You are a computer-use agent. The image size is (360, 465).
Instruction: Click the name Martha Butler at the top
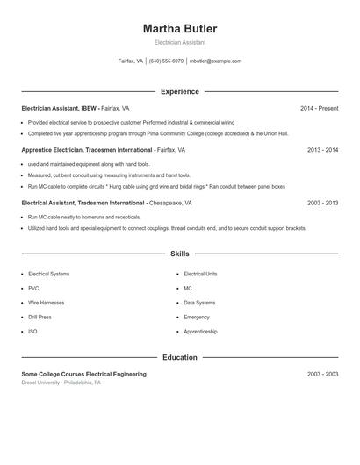180,29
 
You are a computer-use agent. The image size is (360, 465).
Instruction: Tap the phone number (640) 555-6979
166,61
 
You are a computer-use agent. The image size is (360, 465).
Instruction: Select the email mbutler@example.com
215,61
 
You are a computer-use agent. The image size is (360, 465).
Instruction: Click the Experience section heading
180,91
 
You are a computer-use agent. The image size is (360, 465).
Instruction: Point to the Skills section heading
180,254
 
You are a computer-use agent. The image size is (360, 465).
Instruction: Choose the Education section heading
180,357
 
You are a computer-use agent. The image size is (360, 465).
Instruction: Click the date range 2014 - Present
319,108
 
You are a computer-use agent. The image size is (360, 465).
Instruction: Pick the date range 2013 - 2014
322,150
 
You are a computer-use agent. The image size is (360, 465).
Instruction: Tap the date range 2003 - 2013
322,203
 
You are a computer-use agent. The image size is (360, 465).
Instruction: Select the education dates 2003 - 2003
322,374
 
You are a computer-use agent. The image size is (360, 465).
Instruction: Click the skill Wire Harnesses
47,303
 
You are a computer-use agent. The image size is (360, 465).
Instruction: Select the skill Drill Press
40,317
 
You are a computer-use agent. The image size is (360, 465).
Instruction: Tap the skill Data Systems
199,303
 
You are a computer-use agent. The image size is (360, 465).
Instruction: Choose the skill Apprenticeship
201,332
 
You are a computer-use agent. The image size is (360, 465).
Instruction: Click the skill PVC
33,288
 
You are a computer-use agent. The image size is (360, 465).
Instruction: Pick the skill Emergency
197,317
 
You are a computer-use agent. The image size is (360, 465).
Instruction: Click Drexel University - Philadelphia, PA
61,383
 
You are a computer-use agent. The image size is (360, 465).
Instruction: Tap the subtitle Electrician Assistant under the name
180,42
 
